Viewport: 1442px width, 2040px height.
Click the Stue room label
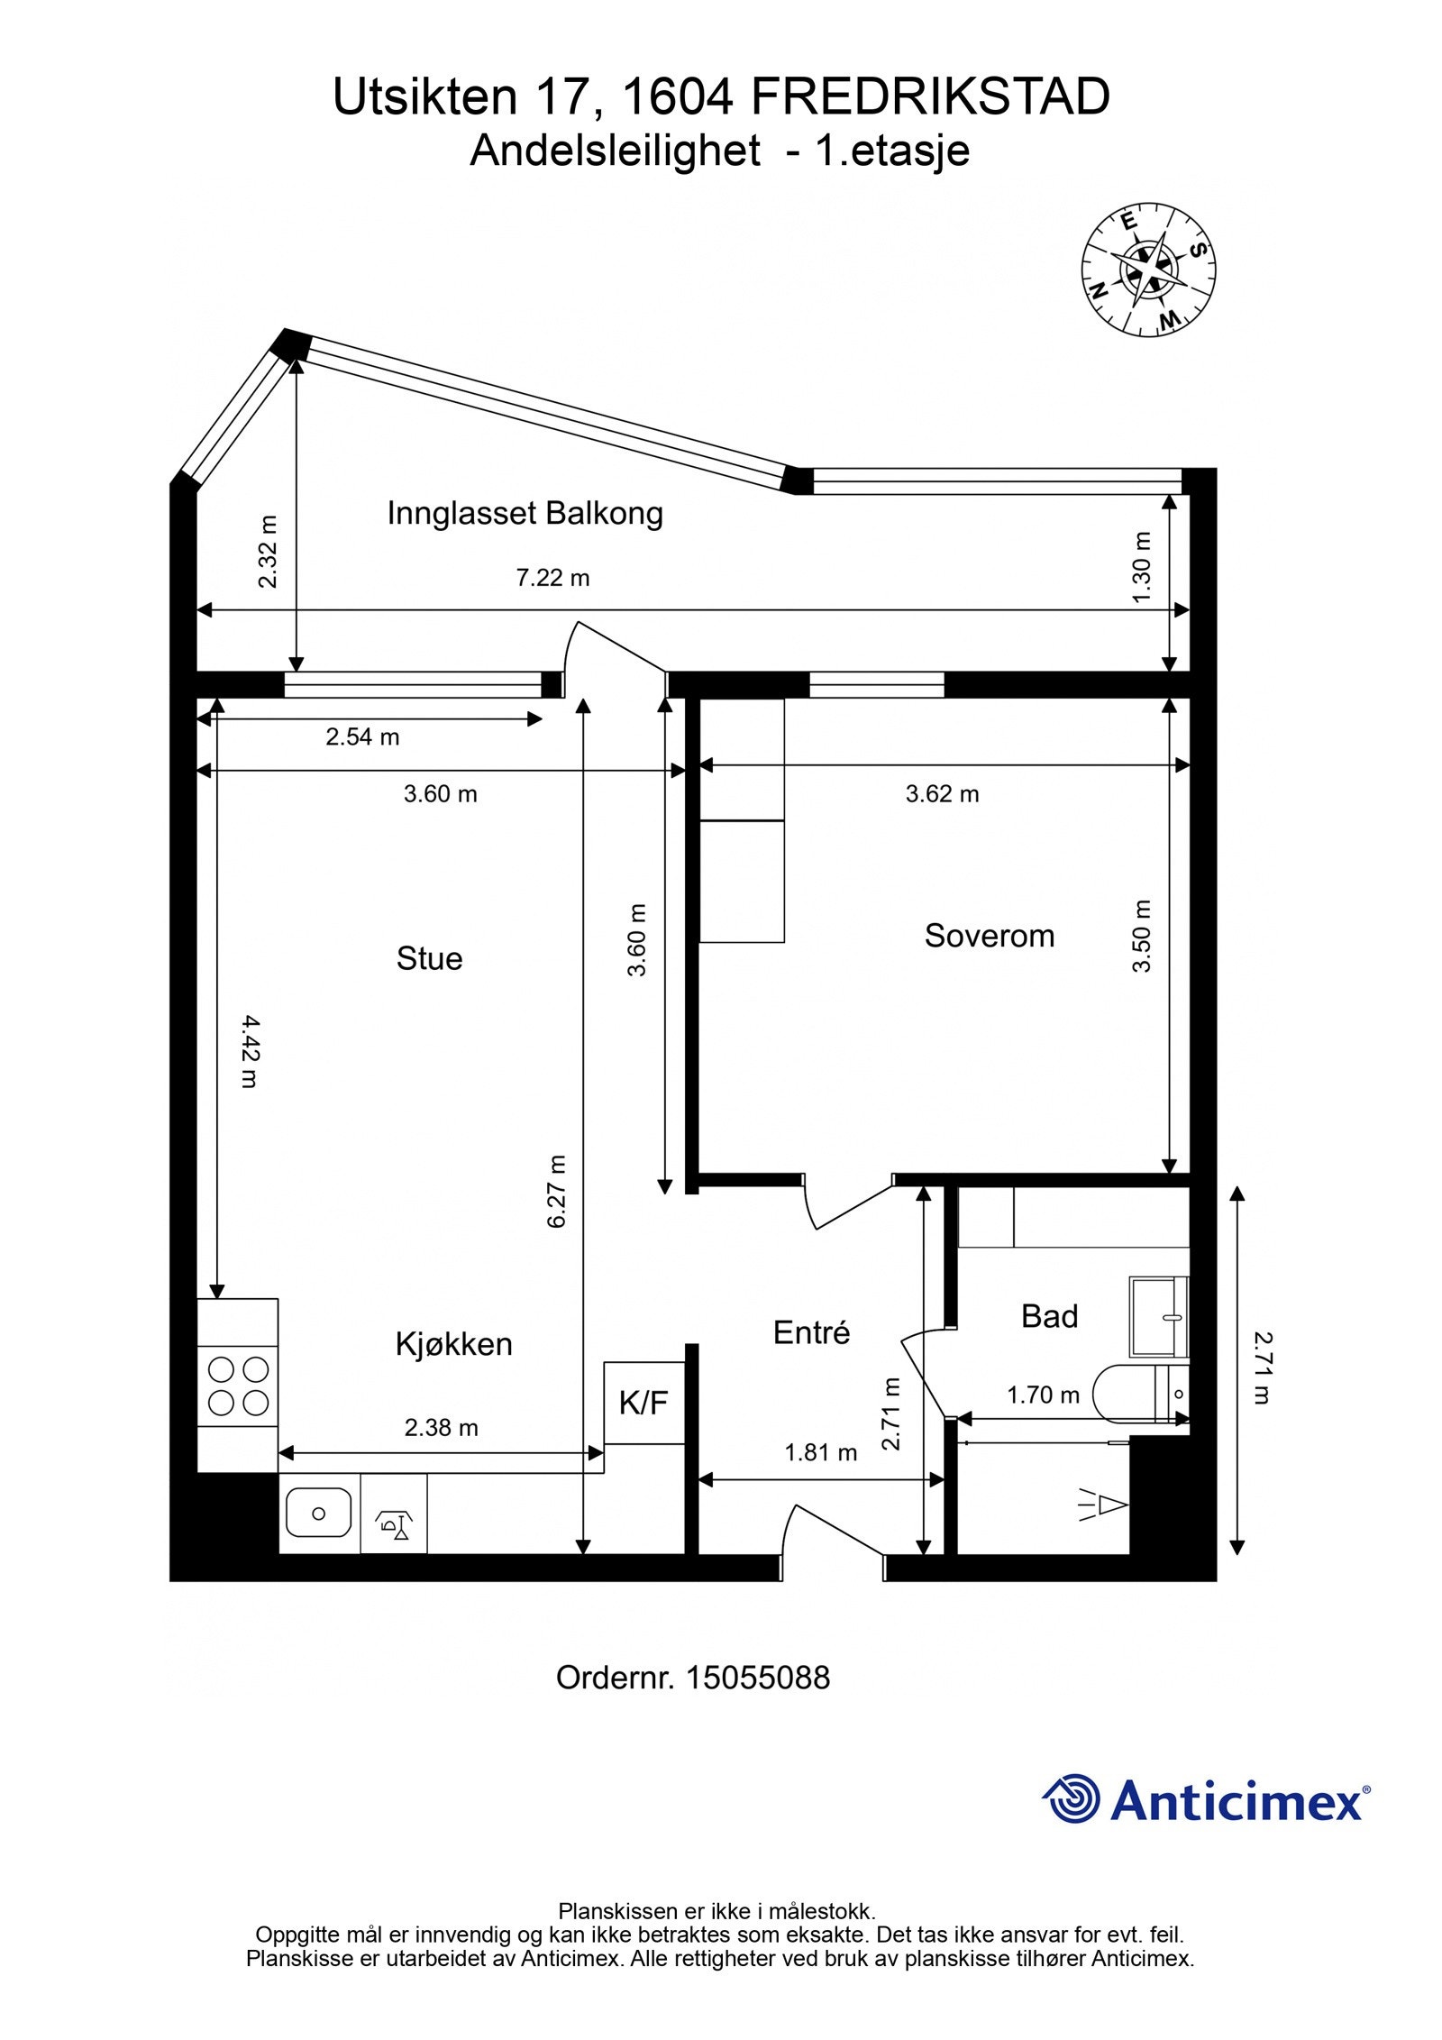[x=429, y=958]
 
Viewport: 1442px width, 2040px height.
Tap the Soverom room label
[x=989, y=936]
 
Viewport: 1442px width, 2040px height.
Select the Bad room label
[x=1049, y=1316]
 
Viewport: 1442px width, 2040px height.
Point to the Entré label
[x=811, y=1332]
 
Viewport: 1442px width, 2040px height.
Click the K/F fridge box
[x=643, y=1403]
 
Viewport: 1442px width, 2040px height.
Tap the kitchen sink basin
[x=318, y=1513]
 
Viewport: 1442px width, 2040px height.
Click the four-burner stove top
[x=238, y=1386]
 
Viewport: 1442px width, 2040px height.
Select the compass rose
[x=1147, y=270]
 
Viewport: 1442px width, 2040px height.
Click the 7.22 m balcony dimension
[x=552, y=578]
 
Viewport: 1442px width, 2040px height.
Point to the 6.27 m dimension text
[x=556, y=1191]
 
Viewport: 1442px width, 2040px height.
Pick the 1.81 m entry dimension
[x=820, y=1452]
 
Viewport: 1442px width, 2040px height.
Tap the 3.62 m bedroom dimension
[x=942, y=794]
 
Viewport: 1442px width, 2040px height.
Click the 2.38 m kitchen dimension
[x=441, y=1427]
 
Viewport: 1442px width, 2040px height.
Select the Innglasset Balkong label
[x=525, y=514]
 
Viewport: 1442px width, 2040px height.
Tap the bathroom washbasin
[x=1158, y=1317]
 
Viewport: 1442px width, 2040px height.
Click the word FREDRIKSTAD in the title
[x=929, y=96]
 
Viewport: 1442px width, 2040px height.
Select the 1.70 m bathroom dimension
[x=1043, y=1395]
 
